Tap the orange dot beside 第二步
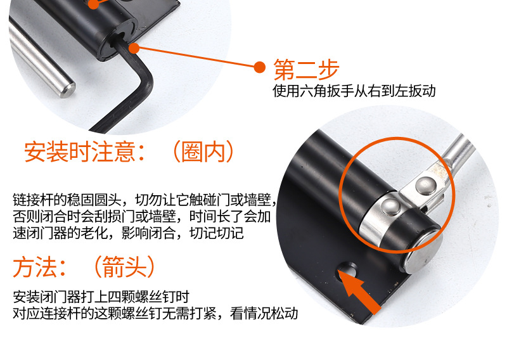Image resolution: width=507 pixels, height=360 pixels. point(259,67)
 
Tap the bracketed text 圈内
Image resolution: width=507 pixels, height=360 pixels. point(202,153)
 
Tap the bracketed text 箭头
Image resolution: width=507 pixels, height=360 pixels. point(121,267)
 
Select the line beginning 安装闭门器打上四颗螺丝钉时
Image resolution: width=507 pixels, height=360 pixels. point(101,296)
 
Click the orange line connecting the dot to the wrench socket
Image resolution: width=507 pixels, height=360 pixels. point(196,56)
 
